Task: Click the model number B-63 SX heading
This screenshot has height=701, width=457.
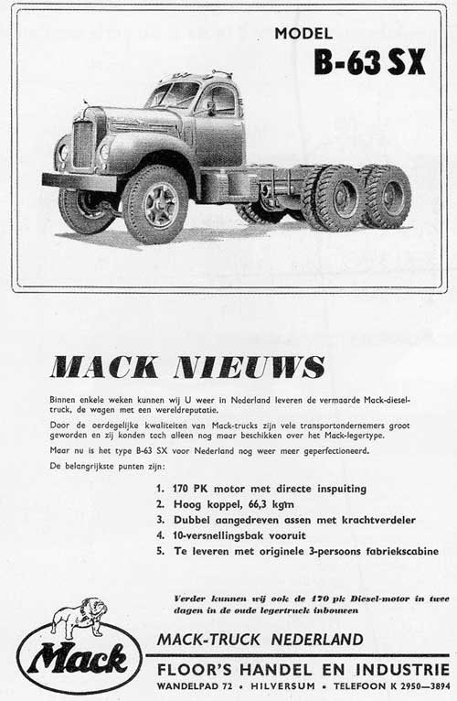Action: coord(369,62)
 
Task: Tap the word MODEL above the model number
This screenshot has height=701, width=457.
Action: coord(305,35)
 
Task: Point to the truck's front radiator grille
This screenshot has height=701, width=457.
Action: coord(82,142)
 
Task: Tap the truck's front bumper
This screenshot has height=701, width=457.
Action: coord(80,181)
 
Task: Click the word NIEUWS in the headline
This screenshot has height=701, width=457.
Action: coord(256,368)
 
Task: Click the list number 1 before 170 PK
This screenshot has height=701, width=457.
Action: coord(160,489)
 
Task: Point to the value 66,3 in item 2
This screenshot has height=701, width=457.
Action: coord(252,504)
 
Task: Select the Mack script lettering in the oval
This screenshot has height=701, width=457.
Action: coord(78,658)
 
